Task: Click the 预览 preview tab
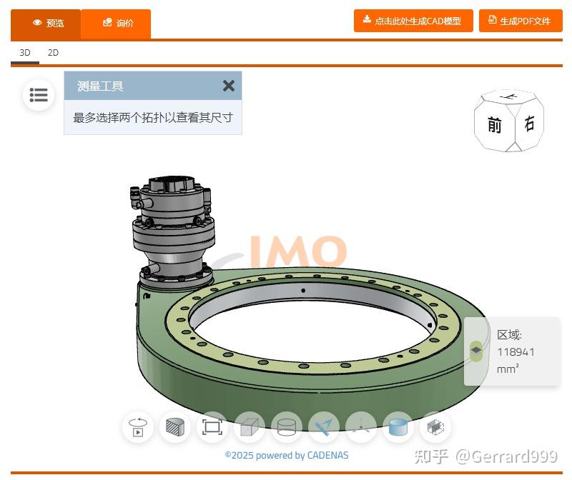pos(46,23)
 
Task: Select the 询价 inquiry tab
pos(117,23)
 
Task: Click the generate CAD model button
pos(413,21)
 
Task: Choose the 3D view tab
pos(25,53)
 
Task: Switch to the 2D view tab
pos(53,53)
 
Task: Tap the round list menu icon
pos(39,95)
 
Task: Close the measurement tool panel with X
pos(228,86)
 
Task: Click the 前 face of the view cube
pos(494,126)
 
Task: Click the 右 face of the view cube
pos(529,124)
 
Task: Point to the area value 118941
pos(516,351)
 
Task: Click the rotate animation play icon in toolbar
pos(138,427)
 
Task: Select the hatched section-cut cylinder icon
pos(175,427)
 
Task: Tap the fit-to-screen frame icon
pos(212,427)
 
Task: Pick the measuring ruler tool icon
pos(324,427)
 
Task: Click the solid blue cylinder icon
pos(398,427)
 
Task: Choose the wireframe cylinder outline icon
pos(287,427)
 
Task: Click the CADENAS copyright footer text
pos(287,455)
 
